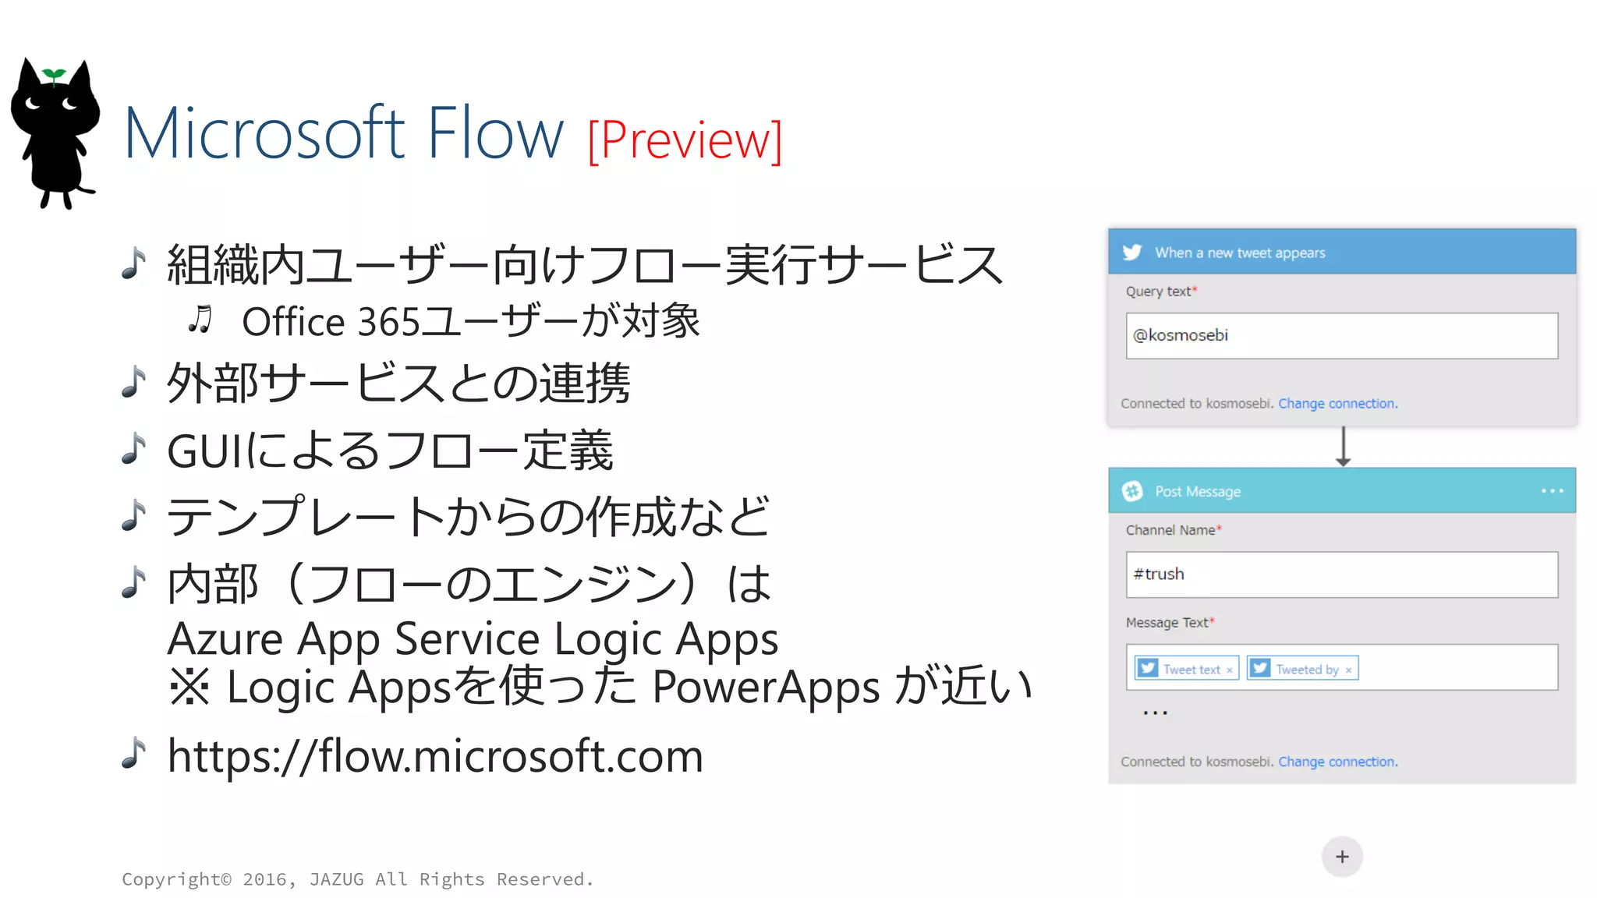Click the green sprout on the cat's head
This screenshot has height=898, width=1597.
click(54, 76)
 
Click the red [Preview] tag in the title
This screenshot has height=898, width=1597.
click(685, 140)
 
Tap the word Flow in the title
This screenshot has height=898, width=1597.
click(495, 133)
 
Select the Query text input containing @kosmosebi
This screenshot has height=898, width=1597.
click(1341, 336)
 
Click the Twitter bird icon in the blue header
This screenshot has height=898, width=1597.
click(1132, 253)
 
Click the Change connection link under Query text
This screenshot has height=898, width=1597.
click(1337, 404)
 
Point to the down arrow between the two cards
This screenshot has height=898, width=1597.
click(1343, 447)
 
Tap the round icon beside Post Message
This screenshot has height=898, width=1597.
click(1132, 491)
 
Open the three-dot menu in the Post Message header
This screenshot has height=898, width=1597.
click(1552, 491)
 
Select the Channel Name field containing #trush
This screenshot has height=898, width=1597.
click(1341, 575)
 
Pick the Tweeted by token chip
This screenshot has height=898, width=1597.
click(1303, 669)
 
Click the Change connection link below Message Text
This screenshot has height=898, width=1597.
click(1337, 762)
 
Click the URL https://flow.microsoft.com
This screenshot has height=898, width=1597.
click(435, 756)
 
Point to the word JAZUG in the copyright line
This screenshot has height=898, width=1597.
click(336, 879)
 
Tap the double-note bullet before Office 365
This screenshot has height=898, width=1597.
click(200, 320)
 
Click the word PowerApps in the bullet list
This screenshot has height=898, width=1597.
click(766, 688)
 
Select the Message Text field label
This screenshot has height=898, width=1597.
click(1167, 623)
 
